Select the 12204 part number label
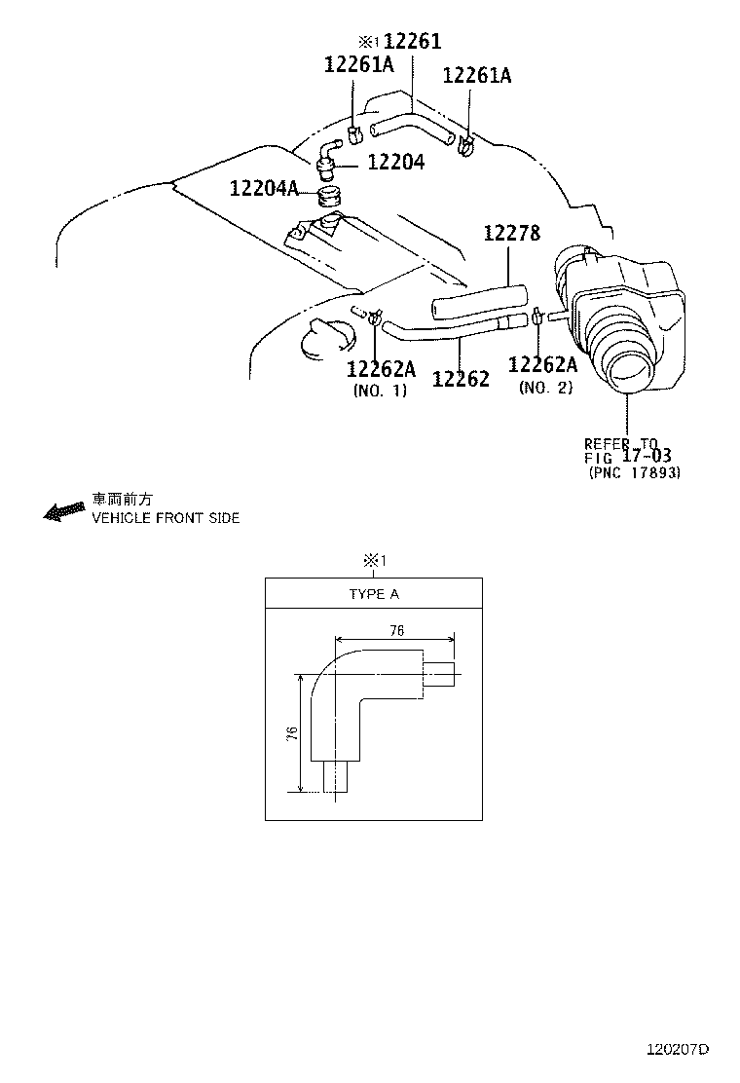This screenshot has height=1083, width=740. click(395, 163)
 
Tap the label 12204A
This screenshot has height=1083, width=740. click(264, 187)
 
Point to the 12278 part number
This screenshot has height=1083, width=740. click(512, 233)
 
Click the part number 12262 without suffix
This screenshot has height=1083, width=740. click(461, 378)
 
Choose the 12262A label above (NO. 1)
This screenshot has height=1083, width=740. click(381, 369)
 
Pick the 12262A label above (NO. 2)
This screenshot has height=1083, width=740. click(543, 364)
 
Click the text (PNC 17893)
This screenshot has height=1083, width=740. click(635, 473)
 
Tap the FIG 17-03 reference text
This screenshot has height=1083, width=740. click(628, 456)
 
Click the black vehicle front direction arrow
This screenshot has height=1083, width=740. click(64, 511)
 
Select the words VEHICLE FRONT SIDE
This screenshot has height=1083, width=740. click(166, 518)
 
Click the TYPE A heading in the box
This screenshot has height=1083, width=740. click(374, 594)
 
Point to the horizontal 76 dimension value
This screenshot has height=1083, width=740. click(395, 630)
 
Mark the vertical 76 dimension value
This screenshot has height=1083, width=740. click(292, 733)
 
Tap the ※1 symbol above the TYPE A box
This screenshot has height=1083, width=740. click(375, 560)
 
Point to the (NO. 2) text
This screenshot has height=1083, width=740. click(545, 387)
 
